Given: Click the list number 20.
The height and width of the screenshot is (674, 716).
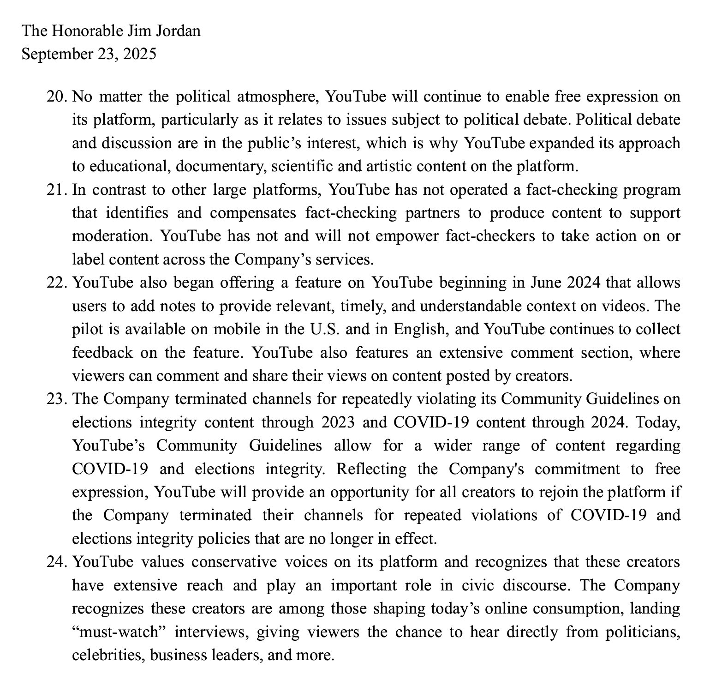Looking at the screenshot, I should tap(57, 97).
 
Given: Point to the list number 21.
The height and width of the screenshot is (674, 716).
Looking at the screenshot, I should tap(57, 190).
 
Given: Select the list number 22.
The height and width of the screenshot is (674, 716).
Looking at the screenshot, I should tap(57, 283).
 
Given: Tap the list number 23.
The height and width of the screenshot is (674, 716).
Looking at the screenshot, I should tap(57, 399).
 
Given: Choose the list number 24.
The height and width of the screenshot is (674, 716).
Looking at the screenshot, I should tap(57, 562).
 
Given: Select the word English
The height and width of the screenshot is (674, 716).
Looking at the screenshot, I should tap(418, 329).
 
